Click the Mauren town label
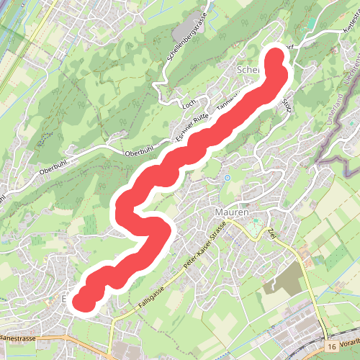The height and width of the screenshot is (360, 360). click(232, 213)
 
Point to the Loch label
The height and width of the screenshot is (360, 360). click(189, 104)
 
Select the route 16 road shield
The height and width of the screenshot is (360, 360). click(330, 347)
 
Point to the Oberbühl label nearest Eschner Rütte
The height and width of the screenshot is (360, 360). click(140, 153)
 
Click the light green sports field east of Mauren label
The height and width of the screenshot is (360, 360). click(253, 230)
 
